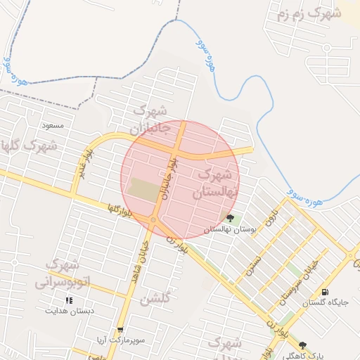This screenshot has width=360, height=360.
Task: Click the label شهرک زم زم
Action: (x=309, y=13)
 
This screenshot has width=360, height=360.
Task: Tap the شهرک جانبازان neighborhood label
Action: (x=149, y=120)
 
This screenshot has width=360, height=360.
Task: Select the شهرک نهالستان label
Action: (x=217, y=181)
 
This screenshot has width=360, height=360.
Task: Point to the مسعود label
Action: (x=53, y=125)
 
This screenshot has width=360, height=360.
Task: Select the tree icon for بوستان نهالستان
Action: (x=231, y=218)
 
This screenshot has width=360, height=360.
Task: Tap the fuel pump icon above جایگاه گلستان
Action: (x=324, y=292)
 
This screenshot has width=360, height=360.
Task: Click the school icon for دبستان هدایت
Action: (x=69, y=300)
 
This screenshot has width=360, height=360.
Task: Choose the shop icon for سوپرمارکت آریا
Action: (x=121, y=330)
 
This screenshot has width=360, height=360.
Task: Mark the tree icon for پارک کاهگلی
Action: (x=303, y=345)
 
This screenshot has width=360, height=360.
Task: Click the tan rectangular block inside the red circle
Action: (x=145, y=190)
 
